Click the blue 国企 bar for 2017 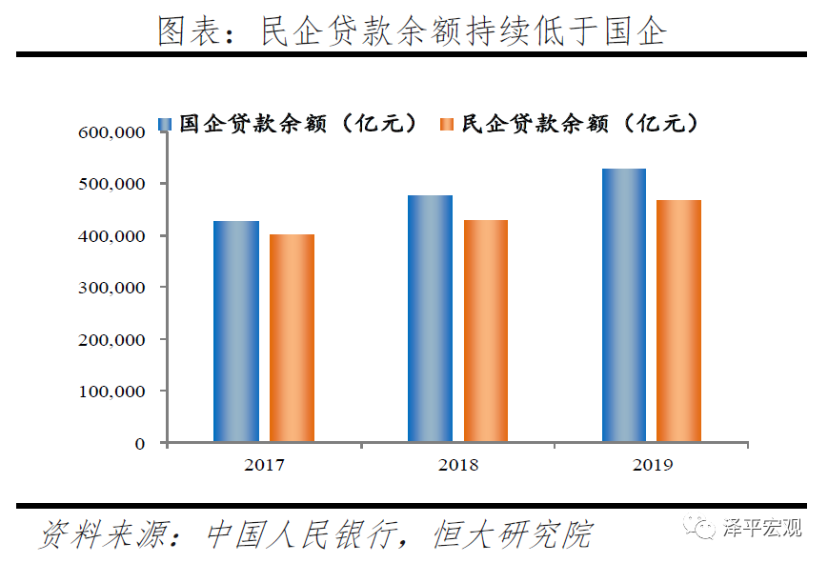(236, 332)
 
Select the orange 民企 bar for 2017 (292, 338)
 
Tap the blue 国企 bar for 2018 (430, 318)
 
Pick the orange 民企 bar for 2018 (486, 331)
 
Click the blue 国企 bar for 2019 (624, 305)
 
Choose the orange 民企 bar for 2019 (679, 321)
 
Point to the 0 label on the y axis (139, 444)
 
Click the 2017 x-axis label (264, 466)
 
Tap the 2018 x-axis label (458, 466)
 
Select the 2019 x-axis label (652, 466)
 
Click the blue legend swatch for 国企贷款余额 (165, 125)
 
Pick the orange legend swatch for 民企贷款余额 (447, 125)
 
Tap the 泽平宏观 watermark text (762, 528)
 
